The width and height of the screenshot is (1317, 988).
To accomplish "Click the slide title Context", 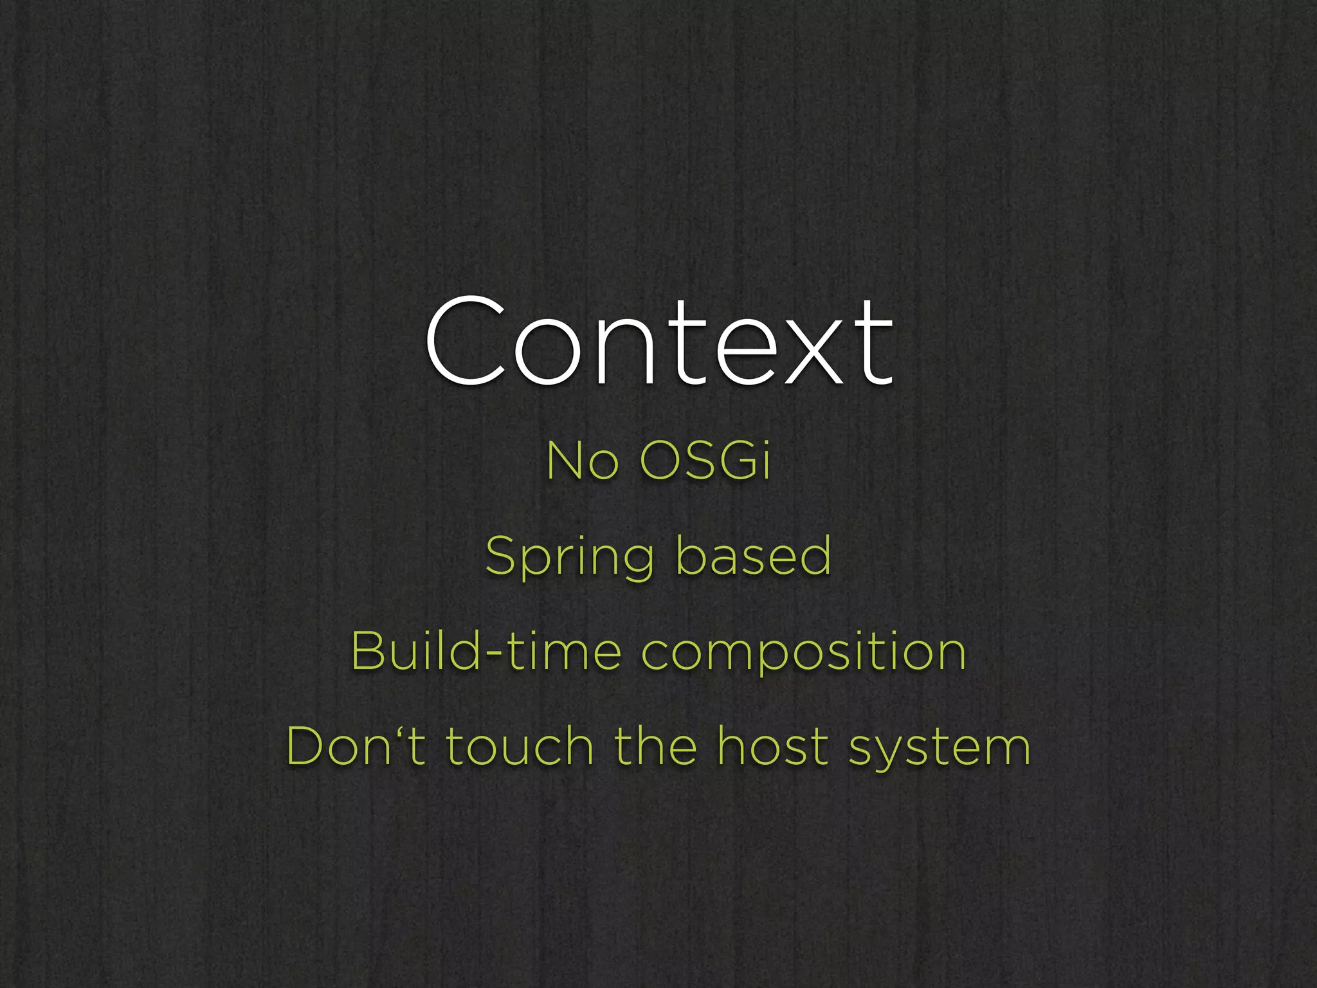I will tap(658, 342).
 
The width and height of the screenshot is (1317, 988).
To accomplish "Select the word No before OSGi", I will tap(582, 461).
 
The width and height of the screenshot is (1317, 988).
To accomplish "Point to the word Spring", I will tap(570, 557).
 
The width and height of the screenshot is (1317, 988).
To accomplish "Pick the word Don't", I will tap(356, 746).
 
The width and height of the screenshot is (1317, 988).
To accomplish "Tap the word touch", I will tap(520, 746).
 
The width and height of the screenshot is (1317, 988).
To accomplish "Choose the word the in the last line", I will tap(655, 746).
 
